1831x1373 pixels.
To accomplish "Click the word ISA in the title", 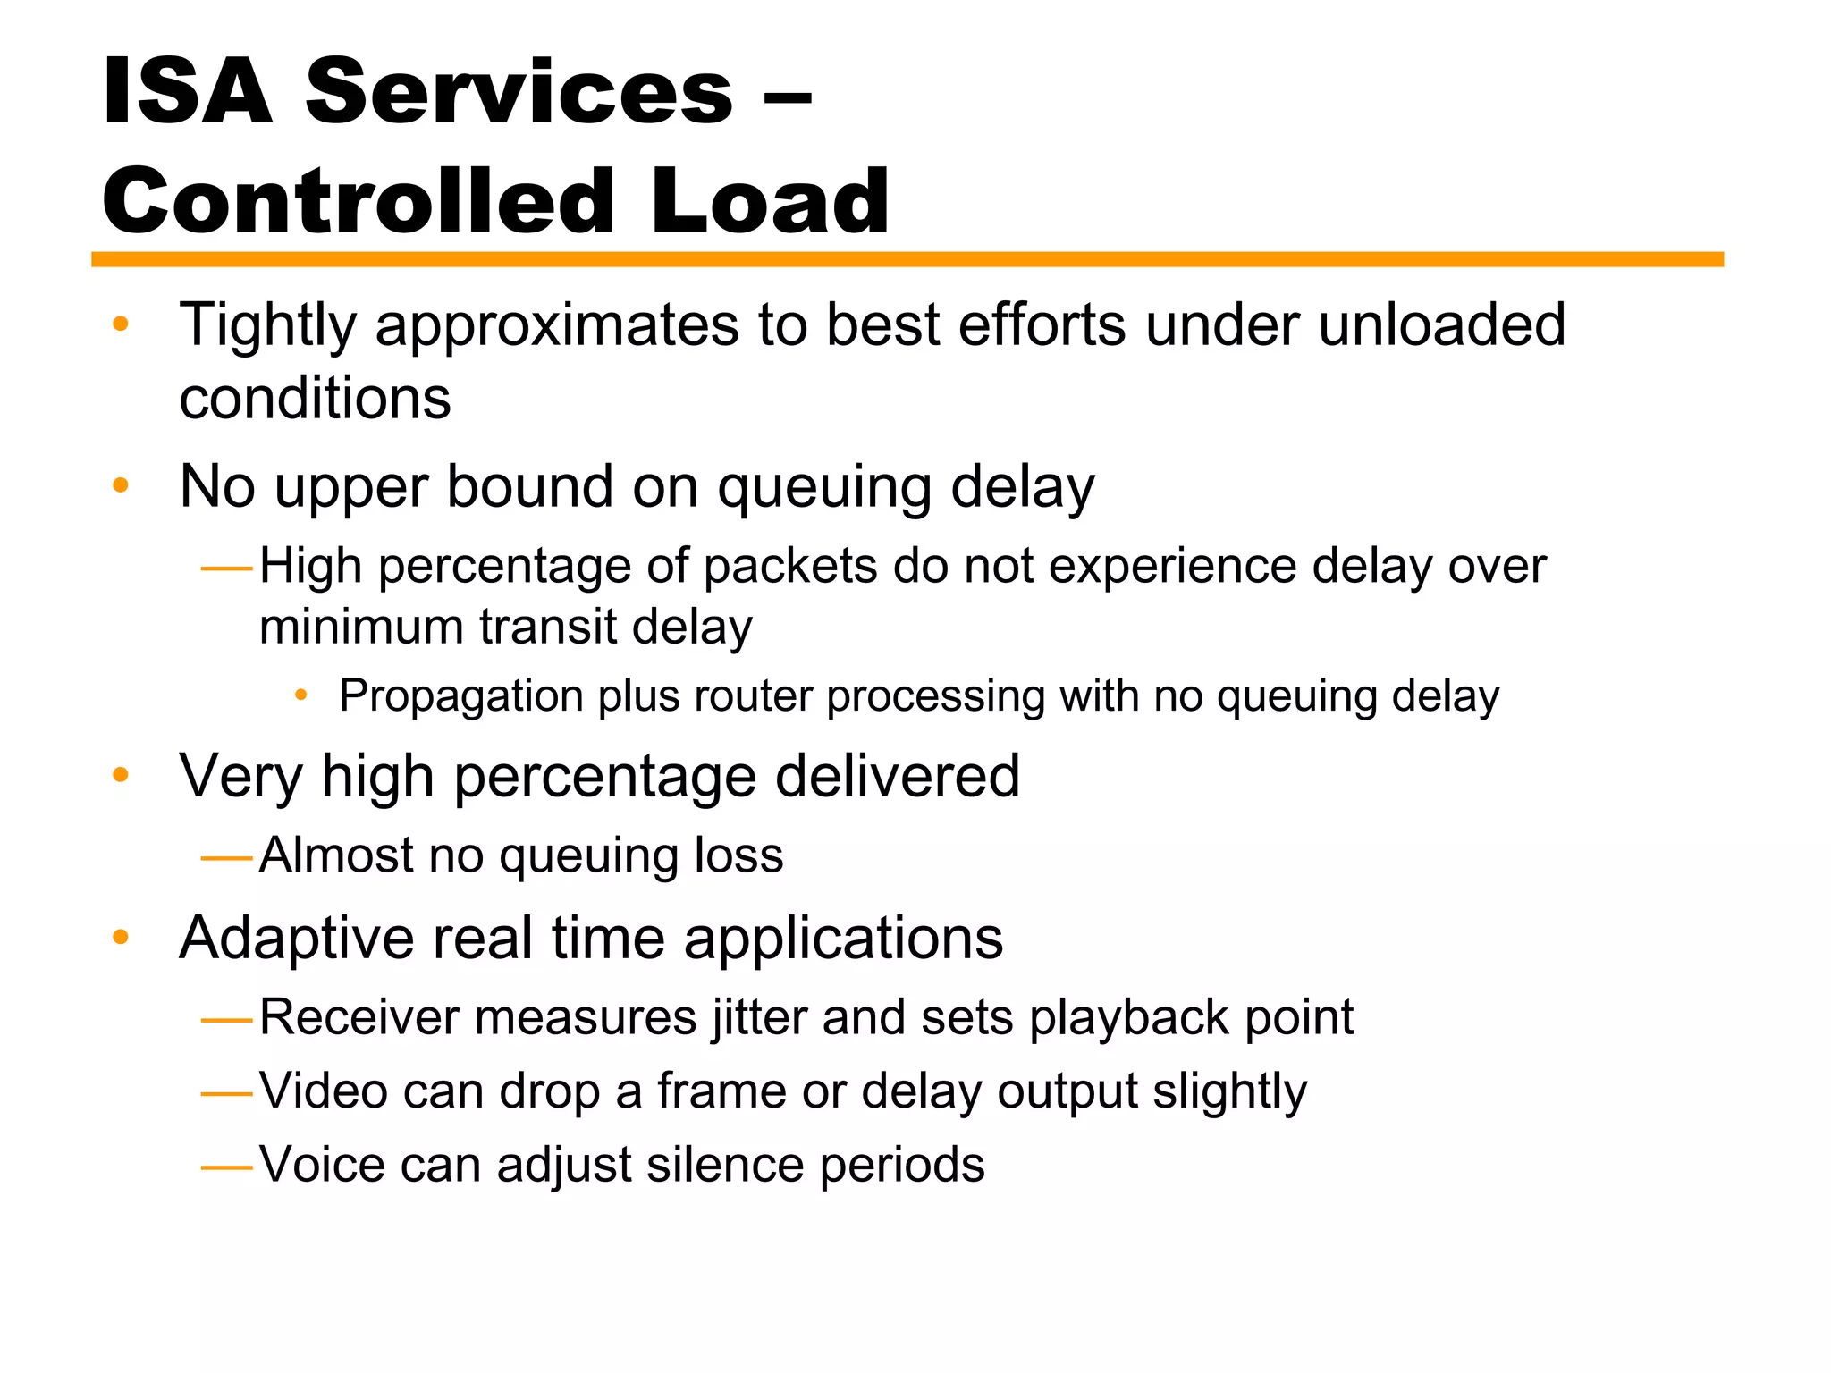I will click(187, 91).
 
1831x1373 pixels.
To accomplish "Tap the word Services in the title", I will click(519, 91).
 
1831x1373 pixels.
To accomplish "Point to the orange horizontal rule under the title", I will click(907, 259).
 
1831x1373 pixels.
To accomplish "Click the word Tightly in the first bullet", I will click(267, 325).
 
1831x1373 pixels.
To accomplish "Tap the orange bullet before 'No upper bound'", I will click(121, 486).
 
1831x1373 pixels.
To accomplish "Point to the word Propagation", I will click(461, 696).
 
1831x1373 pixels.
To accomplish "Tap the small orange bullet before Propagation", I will click(301, 695).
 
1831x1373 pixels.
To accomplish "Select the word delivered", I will click(897, 776).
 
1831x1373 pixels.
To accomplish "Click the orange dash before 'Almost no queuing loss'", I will click(227, 858).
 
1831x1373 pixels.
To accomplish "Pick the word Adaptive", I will click(296, 939).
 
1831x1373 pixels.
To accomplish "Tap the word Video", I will click(323, 1091).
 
